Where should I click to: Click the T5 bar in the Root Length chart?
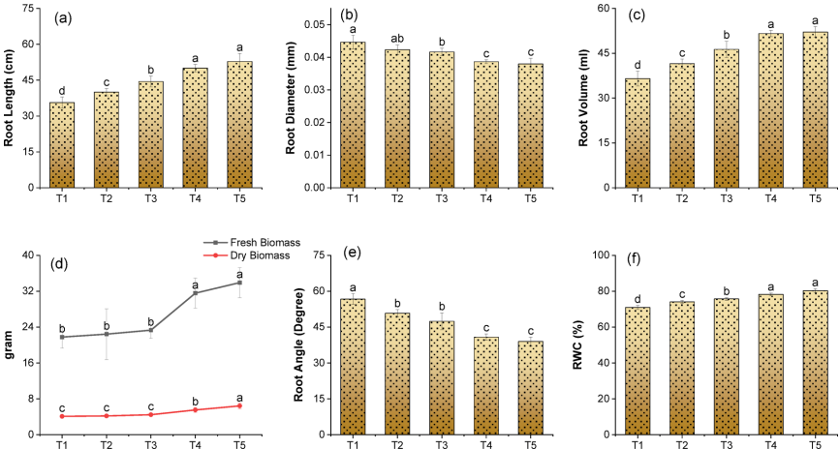(239, 125)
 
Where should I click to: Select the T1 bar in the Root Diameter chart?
(353, 115)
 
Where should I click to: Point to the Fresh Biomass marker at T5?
(239, 283)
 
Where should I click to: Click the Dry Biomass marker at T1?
(62, 416)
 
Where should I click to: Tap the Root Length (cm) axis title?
(10, 99)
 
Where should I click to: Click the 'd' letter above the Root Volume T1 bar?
(637, 66)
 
